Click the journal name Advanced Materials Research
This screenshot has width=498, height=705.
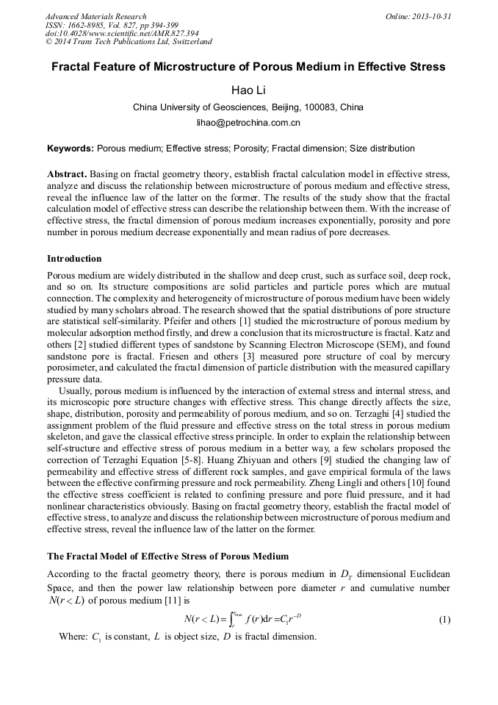tap(95, 16)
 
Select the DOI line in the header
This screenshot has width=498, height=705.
tap(122, 34)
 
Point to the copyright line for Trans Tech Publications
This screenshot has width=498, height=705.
tap(129, 43)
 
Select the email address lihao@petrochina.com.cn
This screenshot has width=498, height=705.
tap(248, 123)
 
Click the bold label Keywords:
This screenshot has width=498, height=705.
tap(71, 148)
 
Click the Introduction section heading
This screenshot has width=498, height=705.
tap(74, 259)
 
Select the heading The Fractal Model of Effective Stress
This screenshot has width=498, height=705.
tap(167, 556)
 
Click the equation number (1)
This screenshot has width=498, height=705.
tap(444, 620)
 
